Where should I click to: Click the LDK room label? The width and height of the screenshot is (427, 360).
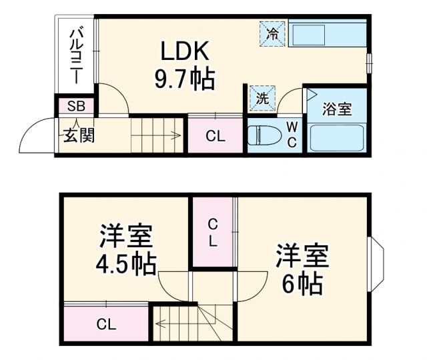pos(185,51)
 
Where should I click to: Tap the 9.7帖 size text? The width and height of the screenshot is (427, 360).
pos(185,80)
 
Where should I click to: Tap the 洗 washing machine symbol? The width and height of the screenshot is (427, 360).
pos(262,98)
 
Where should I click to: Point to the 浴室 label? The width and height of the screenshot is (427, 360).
pos(336,109)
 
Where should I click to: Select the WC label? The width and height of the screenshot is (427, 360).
pos(292,133)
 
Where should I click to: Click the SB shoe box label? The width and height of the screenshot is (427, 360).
pos(75,106)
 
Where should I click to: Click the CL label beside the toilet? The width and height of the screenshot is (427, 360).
pos(215,137)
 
